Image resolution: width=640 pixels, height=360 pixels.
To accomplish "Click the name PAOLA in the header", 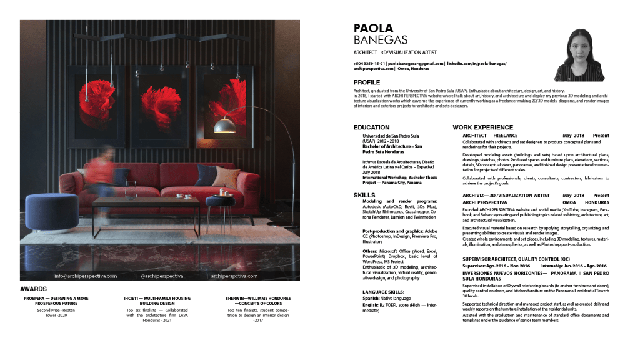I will tap(374, 28).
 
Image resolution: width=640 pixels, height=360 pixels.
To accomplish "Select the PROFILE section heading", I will tap(366, 82).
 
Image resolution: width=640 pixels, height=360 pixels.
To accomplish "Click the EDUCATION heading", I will tap(371, 127).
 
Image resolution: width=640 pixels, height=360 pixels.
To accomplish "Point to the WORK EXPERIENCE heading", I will tap(483, 127).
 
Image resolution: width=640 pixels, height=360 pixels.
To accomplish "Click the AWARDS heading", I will tap(33, 289).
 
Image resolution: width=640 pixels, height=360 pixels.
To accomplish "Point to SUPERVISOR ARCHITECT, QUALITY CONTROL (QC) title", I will tap(516, 258).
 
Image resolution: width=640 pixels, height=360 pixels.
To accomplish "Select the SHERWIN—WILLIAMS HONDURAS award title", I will tap(257, 299).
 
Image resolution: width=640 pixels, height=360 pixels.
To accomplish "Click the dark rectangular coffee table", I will tap(146, 203).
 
